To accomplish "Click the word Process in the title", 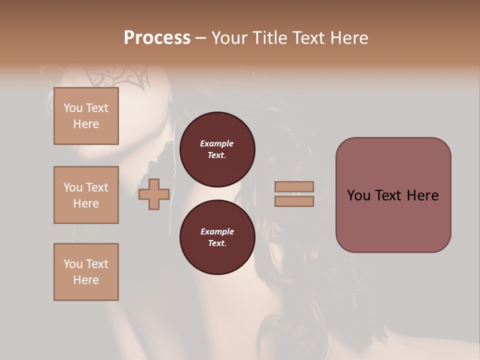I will (157, 37).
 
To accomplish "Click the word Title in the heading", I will (269, 37).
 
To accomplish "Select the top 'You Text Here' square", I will (86, 116).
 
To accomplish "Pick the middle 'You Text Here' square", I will (86, 195).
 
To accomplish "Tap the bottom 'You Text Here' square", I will (86, 272).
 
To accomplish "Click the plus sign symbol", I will (154, 194).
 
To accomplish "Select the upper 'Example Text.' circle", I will (217, 149).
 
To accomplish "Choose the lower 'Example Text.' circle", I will (217, 237).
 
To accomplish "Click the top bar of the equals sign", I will (294, 186).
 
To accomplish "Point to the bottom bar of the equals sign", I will (294, 201).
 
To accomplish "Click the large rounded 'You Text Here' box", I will (393, 195).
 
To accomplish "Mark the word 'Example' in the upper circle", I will (217, 143).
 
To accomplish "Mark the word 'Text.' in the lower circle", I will (217, 243).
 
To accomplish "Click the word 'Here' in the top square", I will (86, 124).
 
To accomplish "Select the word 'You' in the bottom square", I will (73, 264).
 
